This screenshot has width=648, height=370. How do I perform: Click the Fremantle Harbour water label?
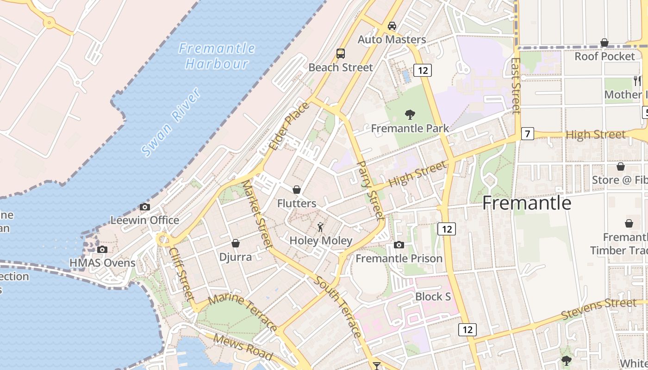(217, 55)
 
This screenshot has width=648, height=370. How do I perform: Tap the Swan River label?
(171, 122)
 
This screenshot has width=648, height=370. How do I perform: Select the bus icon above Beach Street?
(341, 54)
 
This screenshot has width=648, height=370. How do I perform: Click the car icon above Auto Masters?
(392, 26)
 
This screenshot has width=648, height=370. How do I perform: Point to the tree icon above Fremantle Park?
(410, 115)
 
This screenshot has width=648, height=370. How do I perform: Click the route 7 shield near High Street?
(527, 134)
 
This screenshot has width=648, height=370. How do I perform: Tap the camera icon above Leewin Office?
(145, 207)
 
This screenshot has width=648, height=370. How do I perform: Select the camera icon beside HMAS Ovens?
(102, 250)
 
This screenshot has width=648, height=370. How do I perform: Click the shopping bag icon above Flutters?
(297, 190)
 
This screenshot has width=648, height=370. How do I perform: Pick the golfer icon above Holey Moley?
(320, 227)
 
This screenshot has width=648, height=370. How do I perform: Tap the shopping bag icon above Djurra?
(236, 243)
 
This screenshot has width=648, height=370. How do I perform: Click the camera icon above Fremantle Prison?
(399, 245)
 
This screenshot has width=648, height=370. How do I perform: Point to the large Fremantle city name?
(527, 203)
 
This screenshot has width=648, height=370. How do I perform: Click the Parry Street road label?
(371, 190)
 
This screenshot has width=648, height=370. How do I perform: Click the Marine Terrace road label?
(243, 312)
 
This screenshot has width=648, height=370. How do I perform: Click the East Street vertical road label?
(516, 86)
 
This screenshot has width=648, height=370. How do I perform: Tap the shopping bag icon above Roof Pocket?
(604, 43)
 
